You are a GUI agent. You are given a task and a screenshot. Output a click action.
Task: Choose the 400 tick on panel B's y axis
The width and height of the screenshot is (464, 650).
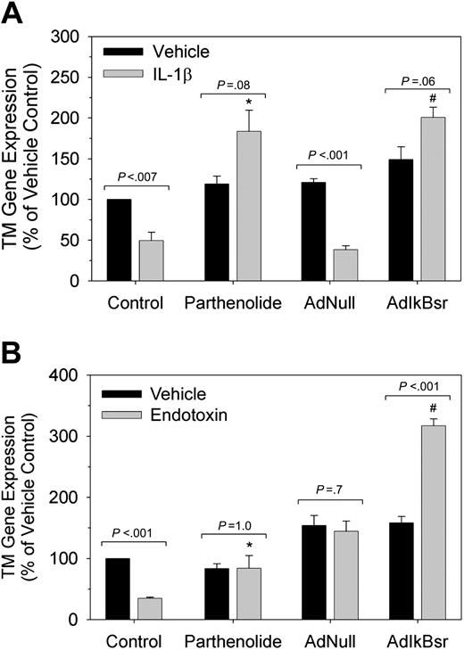pyautogui.click(x=77, y=375)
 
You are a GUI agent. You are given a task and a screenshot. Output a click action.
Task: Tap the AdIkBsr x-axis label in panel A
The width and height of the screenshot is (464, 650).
pyautogui.click(x=418, y=301)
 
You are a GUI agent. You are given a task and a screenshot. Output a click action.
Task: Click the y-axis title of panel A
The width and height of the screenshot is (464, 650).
pyautogui.click(x=27, y=159)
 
